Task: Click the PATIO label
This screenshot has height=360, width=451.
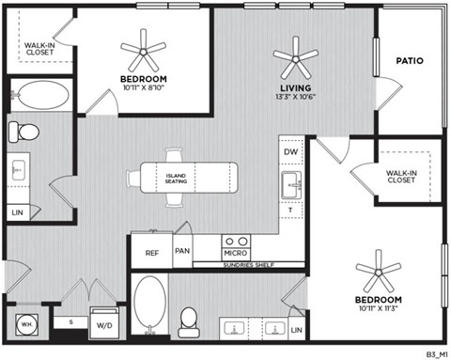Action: [409, 61]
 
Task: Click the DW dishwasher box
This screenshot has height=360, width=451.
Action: [292, 151]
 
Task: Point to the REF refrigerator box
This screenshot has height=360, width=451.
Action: [151, 252]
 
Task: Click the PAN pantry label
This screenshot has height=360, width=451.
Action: [182, 252]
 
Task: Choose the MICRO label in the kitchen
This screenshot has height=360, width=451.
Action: [235, 253]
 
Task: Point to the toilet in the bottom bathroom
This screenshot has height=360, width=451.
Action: [189, 319]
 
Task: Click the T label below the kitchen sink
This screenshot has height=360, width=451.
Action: [292, 210]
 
